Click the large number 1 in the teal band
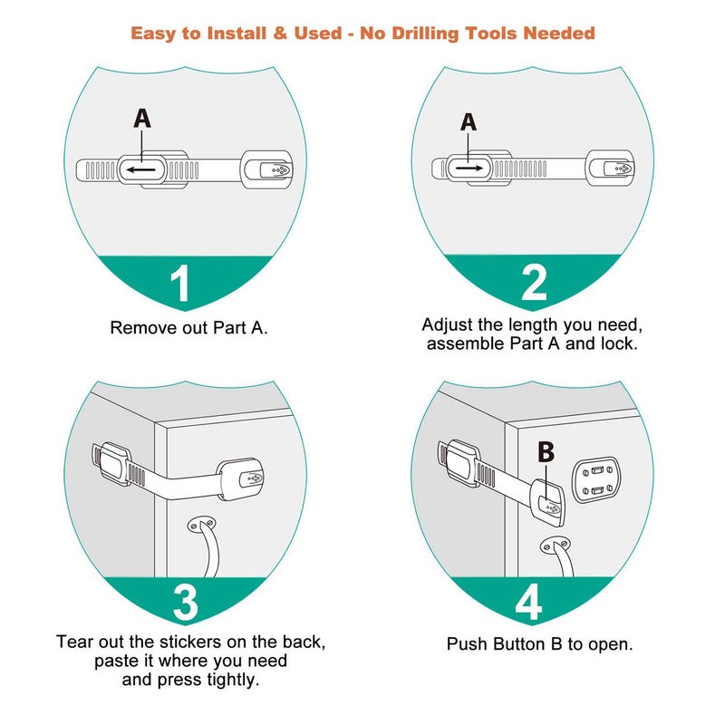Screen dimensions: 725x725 point(181,282)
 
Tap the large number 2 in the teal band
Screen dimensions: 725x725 point(534,282)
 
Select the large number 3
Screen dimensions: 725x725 point(186,604)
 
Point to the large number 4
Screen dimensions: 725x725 point(529,604)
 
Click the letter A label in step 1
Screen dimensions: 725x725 point(142,118)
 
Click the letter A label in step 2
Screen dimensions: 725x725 point(469,121)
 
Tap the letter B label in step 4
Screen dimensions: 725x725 point(546,452)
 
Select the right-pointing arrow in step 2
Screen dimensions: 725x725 point(469,168)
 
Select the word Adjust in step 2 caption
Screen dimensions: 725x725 point(449,324)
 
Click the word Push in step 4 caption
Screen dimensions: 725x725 point(468,644)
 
